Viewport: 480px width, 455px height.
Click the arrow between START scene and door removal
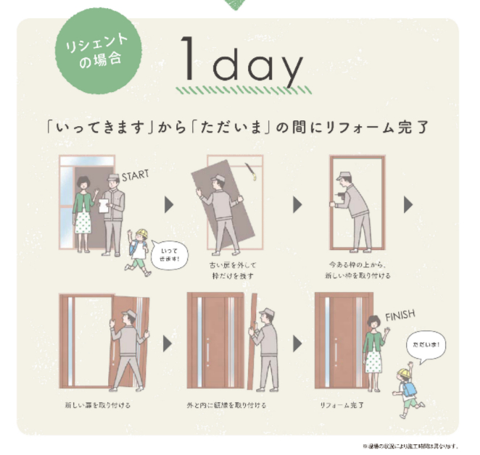(x=168, y=205)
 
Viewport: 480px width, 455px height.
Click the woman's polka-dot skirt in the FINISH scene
(x=373, y=360)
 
